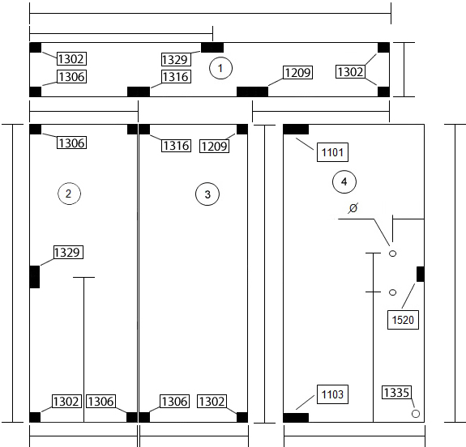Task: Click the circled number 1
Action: (220, 68)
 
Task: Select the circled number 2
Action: (69, 194)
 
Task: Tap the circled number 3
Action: (207, 194)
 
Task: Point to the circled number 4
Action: (344, 181)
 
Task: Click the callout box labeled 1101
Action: (332, 152)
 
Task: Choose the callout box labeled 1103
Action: (332, 394)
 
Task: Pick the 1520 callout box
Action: (403, 320)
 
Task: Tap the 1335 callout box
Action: (397, 393)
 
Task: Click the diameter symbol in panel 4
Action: (353, 208)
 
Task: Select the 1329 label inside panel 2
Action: (68, 252)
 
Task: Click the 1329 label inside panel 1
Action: (176, 59)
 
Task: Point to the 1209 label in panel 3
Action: (214, 146)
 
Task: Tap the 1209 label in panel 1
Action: (297, 72)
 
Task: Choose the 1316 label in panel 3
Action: (176, 146)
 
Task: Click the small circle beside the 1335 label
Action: (416, 414)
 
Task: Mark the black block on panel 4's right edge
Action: (421, 275)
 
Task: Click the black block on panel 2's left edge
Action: (35, 277)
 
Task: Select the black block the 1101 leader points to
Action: (296, 130)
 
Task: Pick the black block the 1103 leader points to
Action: (296, 417)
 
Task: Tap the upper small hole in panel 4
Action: (392, 253)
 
